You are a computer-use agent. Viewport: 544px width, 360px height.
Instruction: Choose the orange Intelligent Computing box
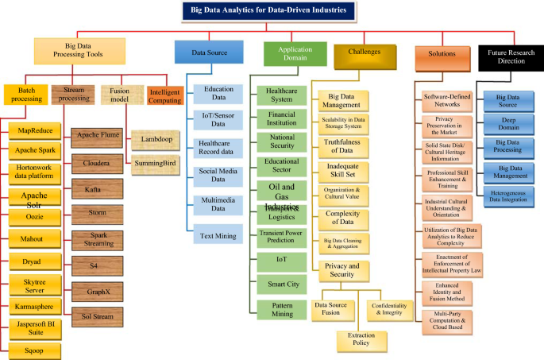(165, 95)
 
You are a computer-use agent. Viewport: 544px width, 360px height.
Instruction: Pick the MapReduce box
(33, 130)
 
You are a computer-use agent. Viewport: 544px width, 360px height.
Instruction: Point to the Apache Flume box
(97, 136)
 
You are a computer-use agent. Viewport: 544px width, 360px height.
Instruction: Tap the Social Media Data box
(214, 175)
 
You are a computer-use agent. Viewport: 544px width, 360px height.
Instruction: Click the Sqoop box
(33, 347)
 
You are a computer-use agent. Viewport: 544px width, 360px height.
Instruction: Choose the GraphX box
(97, 290)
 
